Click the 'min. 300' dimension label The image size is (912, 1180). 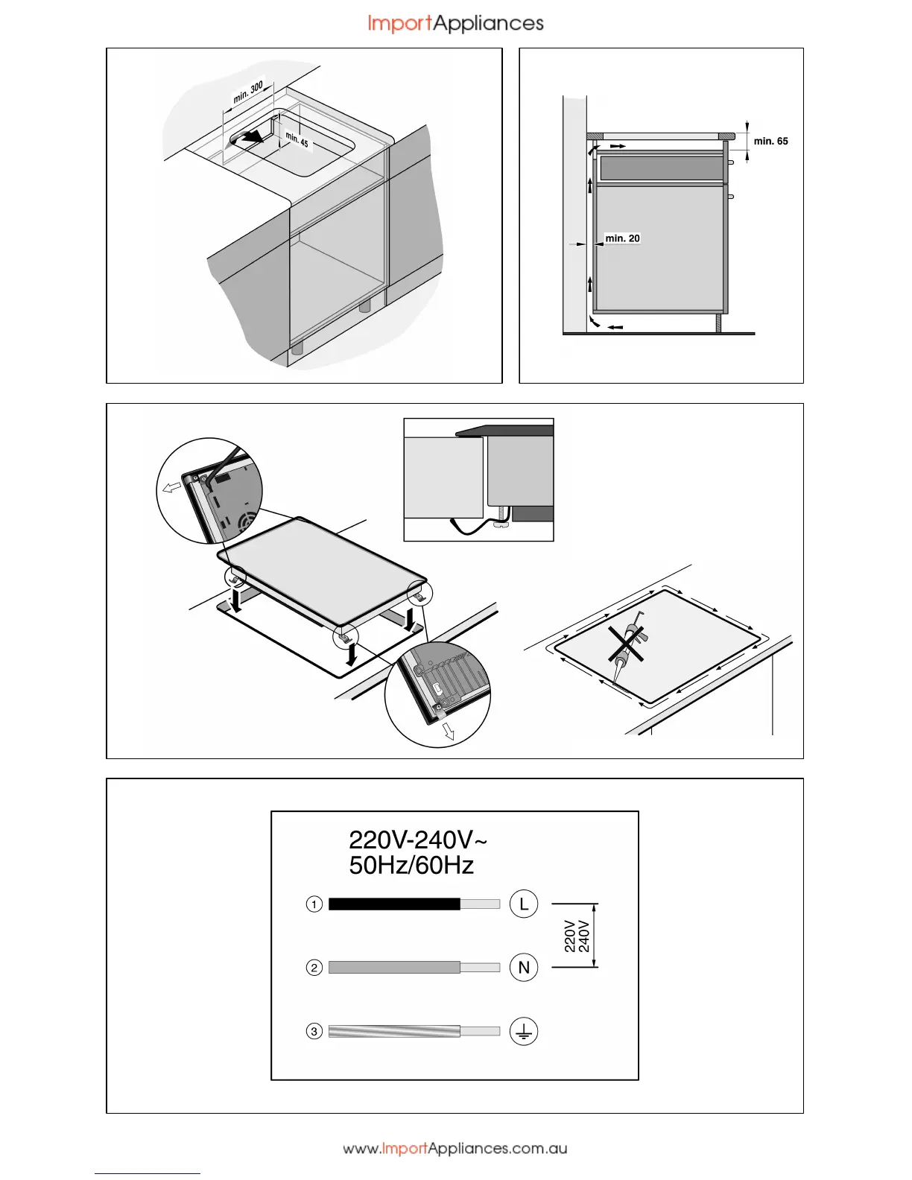click(x=248, y=92)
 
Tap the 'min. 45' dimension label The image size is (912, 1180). click(x=297, y=139)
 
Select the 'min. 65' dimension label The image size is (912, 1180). click(x=770, y=141)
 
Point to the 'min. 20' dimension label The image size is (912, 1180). click(x=622, y=238)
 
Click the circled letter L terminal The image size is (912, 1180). click(x=524, y=904)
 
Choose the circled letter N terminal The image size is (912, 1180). click(x=524, y=967)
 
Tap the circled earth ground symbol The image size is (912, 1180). click(x=524, y=1032)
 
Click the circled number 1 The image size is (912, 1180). click(x=314, y=904)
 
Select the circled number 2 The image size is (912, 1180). click(x=314, y=968)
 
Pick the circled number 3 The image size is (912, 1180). click(x=314, y=1032)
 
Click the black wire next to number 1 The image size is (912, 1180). click(x=394, y=904)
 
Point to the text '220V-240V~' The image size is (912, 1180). click(x=418, y=840)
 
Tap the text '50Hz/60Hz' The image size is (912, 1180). click(x=411, y=866)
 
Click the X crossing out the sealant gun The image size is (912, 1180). click(x=625, y=644)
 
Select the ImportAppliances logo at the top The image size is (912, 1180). click(x=455, y=24)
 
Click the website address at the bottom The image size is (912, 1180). click(x=455, y=1149)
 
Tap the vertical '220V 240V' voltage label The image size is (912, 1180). click(x=577, y=936)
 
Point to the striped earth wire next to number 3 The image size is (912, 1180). click(x=394, y=1032)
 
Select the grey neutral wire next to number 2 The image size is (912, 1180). click(x=394, y=968)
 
